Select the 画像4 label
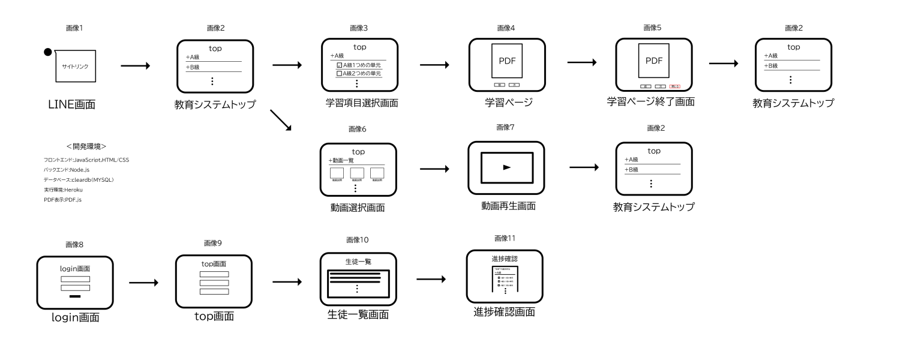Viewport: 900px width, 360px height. pyautogui.click(x=506, y=28)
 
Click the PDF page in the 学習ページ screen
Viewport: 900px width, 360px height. pyautogui.click(x=507, y=61)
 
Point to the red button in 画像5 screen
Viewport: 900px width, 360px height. pyautogui.click(x=674, y=86)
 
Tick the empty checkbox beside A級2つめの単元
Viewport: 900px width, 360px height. pyautogui.click(x=339, y=73)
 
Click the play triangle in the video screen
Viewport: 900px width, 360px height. pyautogui.click(x=506, y=167)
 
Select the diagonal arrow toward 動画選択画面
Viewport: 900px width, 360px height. pyautogui.click(x=281, y=119)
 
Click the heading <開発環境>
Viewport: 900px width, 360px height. pyautogui.click(x=86, y=146)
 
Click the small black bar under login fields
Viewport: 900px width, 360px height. pyautogui.click(x=75, y=296)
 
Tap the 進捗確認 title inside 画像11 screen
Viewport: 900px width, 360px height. pyautogui.click(x=504, y=259)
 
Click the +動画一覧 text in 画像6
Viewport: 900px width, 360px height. pyautogui.click(x=343, y=161)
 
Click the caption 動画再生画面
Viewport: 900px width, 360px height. pyautogui.click(x=508, y=206)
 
